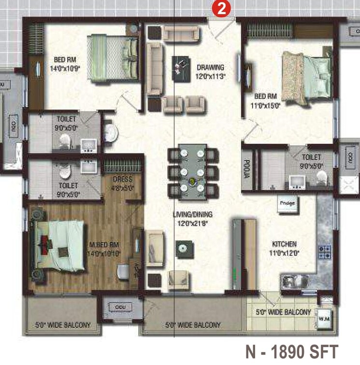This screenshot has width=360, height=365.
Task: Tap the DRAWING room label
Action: click(x=210, y=68)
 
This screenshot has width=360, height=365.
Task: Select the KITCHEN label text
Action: click(x=284, y=244)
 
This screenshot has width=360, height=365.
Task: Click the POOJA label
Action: click(x=246, y=169)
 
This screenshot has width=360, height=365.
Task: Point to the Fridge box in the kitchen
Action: click(x=286, y=203)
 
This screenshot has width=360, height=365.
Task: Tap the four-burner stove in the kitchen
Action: click(x=324, y=251)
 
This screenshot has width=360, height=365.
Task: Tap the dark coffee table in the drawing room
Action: click(x=180, y=65)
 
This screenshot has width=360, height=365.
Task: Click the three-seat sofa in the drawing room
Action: click(x=154, y=68)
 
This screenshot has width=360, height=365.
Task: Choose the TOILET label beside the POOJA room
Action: click(x=311, y=157)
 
